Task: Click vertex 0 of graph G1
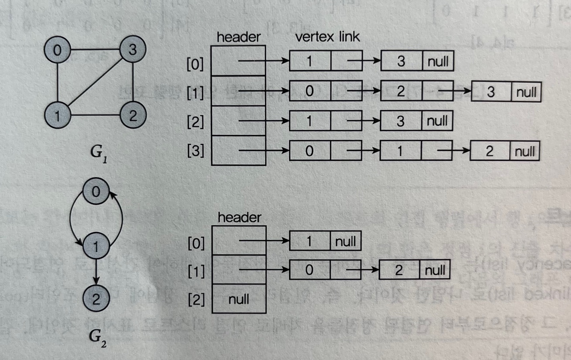tap(57, 50)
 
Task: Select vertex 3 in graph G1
tap(132, 49)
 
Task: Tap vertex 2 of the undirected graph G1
tap(133, 115)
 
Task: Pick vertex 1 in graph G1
tap(57, 116)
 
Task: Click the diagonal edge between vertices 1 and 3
tap(95, 82)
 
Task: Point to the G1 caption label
tap(98, 153)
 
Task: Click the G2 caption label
tap(97, 337)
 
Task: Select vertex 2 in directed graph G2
tap(96, 299)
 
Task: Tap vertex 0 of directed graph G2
tap(96, 191)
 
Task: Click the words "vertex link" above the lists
tap(327, 37)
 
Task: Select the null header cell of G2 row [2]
tap(239, 299)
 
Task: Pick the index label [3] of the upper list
tap(195, 151)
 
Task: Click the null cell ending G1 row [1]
tap(526, 92)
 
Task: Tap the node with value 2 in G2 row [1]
tap(399, 270)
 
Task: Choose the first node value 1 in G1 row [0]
tap(310, 61)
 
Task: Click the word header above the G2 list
tap(239, 217)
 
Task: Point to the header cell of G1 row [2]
tap(238, 121)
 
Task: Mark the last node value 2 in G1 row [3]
tap(490, 151)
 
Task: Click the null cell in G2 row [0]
tap(345, 241)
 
